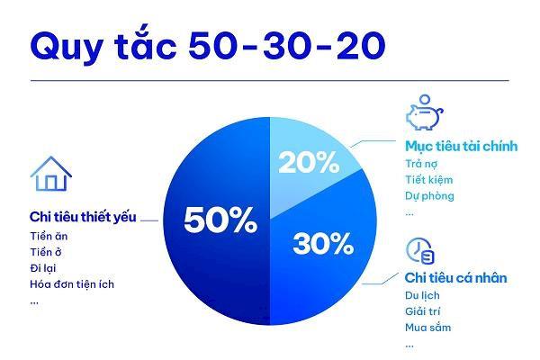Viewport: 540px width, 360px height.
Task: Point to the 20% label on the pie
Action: (x=309, y=163)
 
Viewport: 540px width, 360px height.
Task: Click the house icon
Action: (x=50, y=174)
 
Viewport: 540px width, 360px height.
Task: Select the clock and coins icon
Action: (x=420, y=250)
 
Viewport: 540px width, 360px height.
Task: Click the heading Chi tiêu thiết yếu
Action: (x=83, y=219)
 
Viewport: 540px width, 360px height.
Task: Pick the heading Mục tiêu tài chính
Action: (x=460, y=146)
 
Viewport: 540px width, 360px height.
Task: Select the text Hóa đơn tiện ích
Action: (x=72, y=284)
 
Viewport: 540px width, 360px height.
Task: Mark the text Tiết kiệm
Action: (x=426, y=179)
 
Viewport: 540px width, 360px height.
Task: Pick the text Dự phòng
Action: (x=428, y=195)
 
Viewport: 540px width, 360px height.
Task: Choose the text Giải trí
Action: (x=420, y=311)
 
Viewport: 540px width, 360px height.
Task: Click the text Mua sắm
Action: (x=427, y=328)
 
